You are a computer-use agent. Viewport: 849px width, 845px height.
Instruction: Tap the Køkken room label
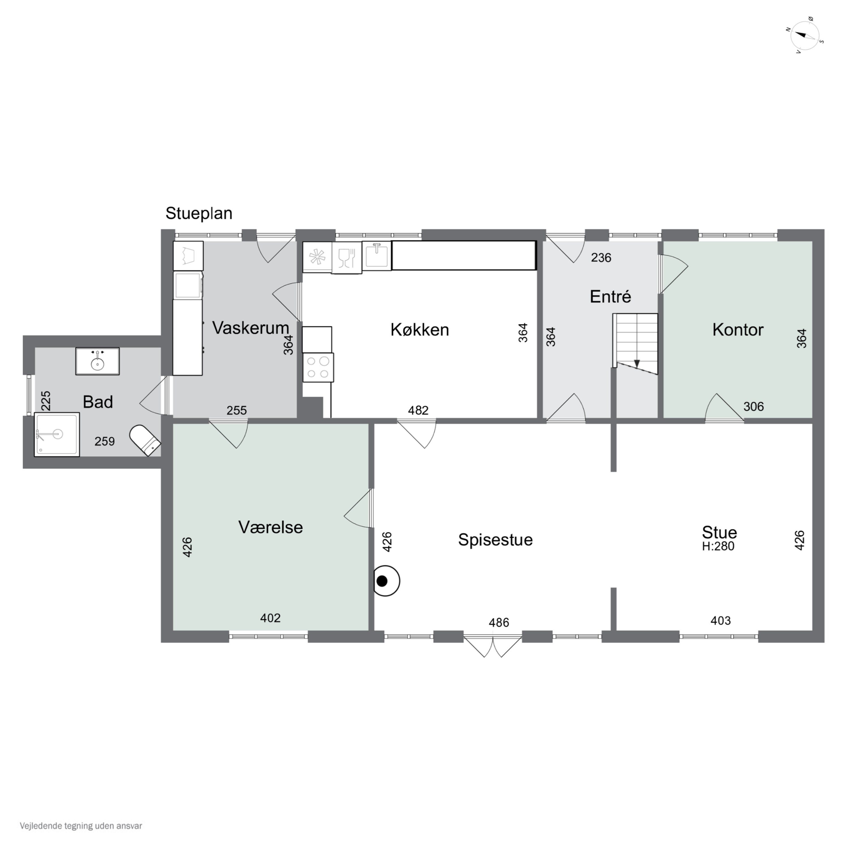[420, 330]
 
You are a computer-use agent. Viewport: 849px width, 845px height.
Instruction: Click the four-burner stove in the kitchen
[318, 367]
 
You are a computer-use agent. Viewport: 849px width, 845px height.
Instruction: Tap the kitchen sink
[377, 256]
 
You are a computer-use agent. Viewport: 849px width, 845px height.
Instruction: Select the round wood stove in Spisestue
[386, 580]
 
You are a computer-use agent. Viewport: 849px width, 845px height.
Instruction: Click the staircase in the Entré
[635, 343]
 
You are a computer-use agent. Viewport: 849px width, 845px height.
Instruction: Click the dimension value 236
[601, 258]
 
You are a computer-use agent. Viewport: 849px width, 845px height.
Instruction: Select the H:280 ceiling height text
[718, 546]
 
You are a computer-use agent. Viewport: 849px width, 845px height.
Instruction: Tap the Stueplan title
[199, 214]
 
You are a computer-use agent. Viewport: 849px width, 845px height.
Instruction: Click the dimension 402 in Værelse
[270, 618]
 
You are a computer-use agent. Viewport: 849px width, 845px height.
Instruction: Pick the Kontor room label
[738, 330]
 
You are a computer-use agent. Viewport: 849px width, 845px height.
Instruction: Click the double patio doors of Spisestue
[493, 646]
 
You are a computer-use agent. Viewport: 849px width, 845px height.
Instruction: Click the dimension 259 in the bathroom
[105, 441]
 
